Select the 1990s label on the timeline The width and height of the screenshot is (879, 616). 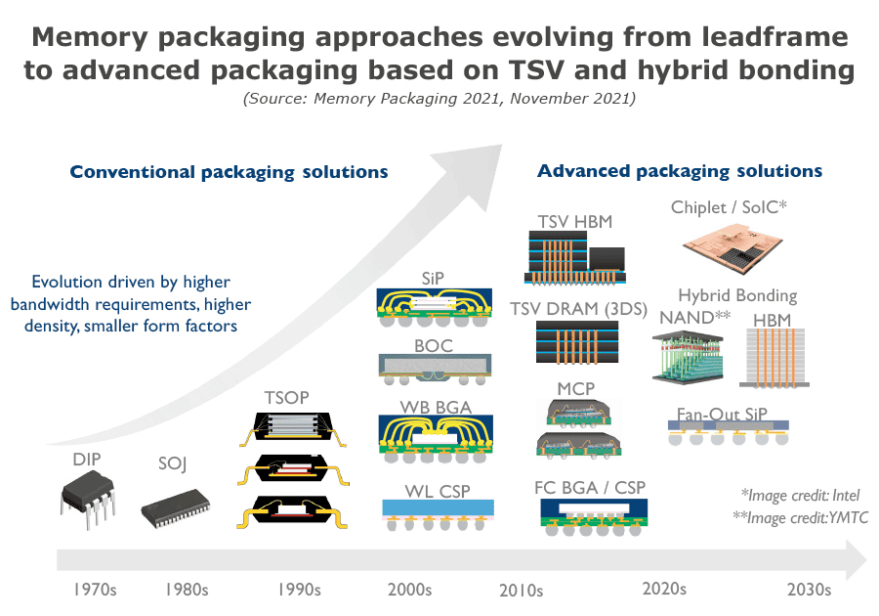pos(299,590)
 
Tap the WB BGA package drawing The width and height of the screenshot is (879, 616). pos(436,436)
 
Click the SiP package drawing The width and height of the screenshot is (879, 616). pos(436,310)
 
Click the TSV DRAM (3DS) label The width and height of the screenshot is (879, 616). pos(578,309)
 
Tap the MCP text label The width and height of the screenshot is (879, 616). pos(576,390)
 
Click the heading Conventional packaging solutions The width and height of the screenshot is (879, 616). pos(229,172)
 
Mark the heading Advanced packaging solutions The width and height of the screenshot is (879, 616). pos(680,171)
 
